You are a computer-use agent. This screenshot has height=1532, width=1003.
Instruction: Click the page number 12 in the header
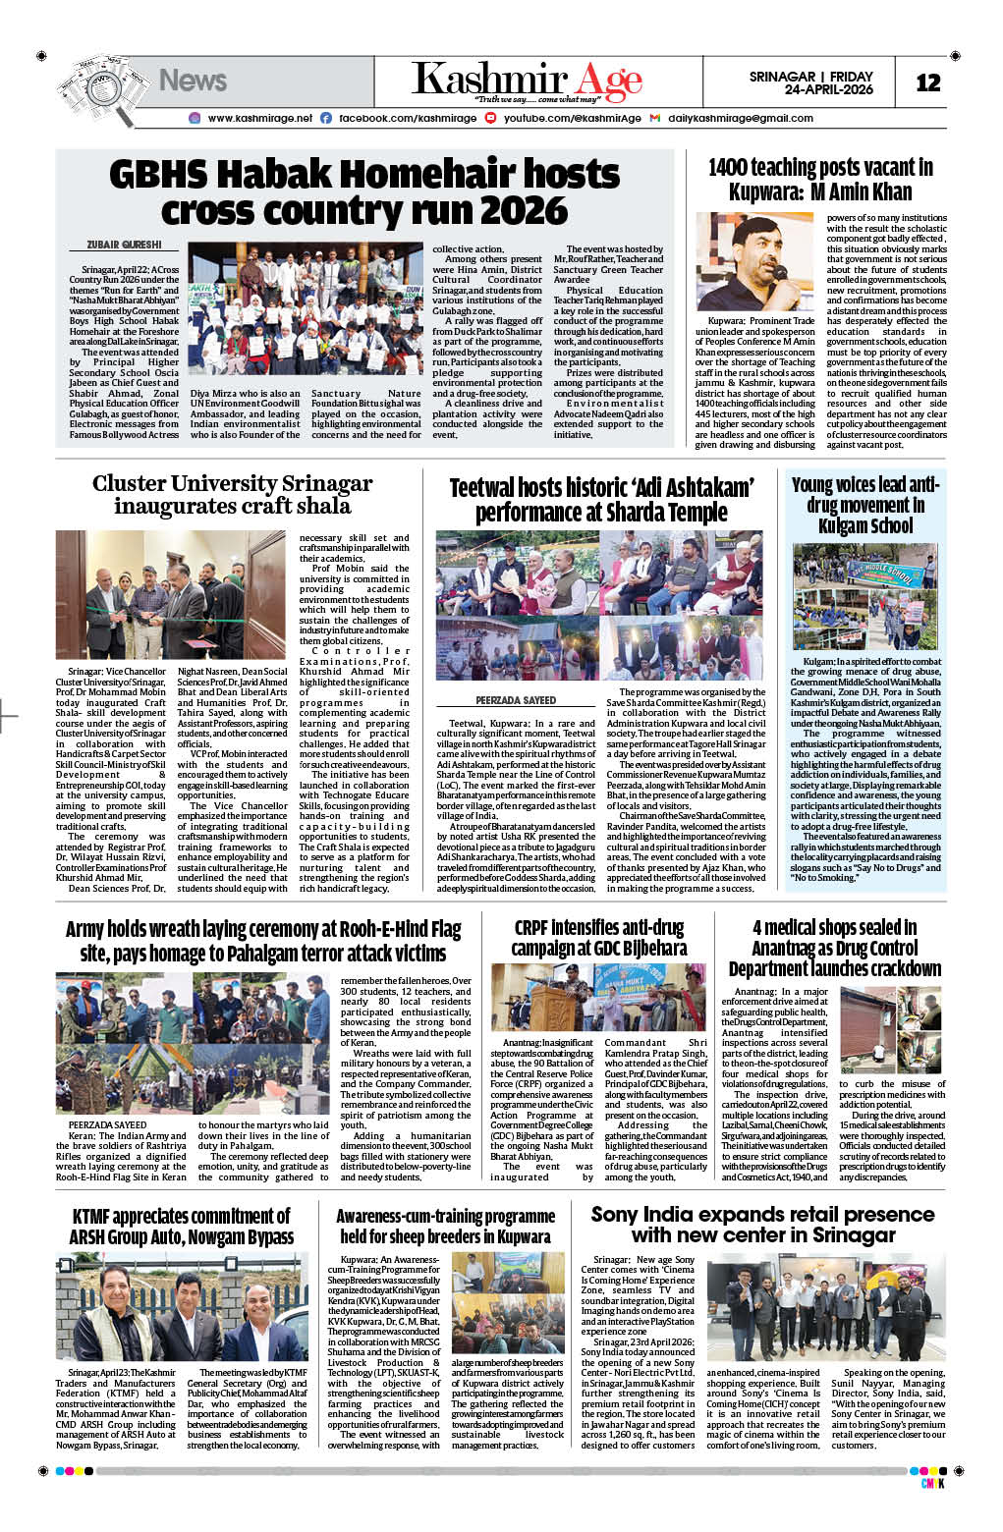pyautogui.click(x=927, y=83)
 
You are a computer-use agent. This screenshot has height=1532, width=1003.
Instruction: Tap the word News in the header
pyautogui.click(x=193, y=81)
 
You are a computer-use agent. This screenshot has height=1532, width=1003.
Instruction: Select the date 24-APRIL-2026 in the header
pyautogui.click(x=828, y=89)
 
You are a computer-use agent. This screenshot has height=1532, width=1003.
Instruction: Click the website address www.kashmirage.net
pyautogui.click(x=259, y=118)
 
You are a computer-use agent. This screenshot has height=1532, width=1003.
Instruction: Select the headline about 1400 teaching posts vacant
pyautogui.click(x=820, y=180)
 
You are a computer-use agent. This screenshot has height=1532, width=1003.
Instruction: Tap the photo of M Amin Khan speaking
pyautogui.click(x=754, y=262)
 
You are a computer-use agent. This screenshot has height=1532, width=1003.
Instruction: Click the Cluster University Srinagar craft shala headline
pyautogui.click(x=232, y=494)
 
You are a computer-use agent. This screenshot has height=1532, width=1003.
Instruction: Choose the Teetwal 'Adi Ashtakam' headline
pyautogui.click(x=601, y=500)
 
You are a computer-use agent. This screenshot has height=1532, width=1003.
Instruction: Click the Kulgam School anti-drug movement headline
pyautogui.click(x=865, y=505)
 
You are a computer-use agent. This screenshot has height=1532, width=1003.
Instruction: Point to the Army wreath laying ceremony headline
pyautogui.click(x=262, y=941)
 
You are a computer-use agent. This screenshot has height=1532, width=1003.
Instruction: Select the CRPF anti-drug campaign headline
pyautogui.click(x=598, y=938)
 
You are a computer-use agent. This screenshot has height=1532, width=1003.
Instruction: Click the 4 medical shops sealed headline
pyautogui.click(x=834, y=948)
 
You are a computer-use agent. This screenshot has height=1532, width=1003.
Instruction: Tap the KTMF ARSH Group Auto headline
pyautogui.click(x=181, y=1227)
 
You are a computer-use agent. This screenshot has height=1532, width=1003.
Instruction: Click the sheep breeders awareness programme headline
pyautogui.click(x=445, y=1226)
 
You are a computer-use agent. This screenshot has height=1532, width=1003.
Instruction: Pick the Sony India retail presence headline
pyautogui.click(x=762, y=1225)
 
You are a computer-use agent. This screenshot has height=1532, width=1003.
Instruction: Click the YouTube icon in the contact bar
pyautogui.click(x=494, y=118)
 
